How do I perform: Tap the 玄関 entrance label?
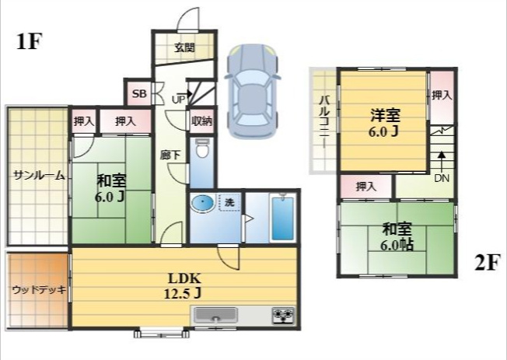[x=184, y=47]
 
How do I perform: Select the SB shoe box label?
[x=138, y=94]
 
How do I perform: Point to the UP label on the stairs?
[x=178, y=100]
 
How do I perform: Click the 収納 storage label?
[x=201, y=121]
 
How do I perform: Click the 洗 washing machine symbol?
[x=229, y=202]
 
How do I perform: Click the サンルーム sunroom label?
[x=38, y=176]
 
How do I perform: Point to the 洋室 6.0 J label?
[x=384, y=122]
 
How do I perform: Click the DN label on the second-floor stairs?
[x=442, y=177]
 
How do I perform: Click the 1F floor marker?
[x=28, y=42]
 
